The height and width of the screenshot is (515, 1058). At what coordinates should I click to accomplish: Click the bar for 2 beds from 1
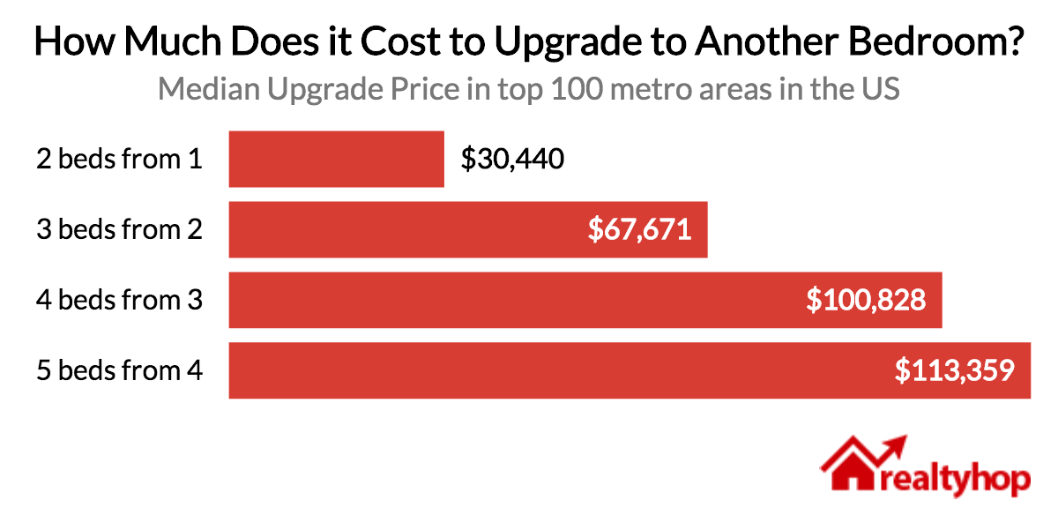(336, 159)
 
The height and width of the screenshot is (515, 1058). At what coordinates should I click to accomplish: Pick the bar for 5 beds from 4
(529, 370)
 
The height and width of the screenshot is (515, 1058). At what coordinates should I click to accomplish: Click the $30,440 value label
(512, 159)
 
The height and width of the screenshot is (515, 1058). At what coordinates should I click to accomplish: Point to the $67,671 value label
(640, 229)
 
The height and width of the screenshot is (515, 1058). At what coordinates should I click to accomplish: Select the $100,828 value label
(866, 300)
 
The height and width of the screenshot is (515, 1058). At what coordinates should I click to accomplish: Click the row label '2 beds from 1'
(120, 159)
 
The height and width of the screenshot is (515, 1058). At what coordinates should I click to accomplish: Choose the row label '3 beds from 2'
(120, 229)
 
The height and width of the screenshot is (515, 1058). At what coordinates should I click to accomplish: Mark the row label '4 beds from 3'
(120, 300)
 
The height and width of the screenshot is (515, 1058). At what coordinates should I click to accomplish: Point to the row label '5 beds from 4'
(120, 370)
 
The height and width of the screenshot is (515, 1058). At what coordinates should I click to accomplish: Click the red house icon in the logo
(851, 466)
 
